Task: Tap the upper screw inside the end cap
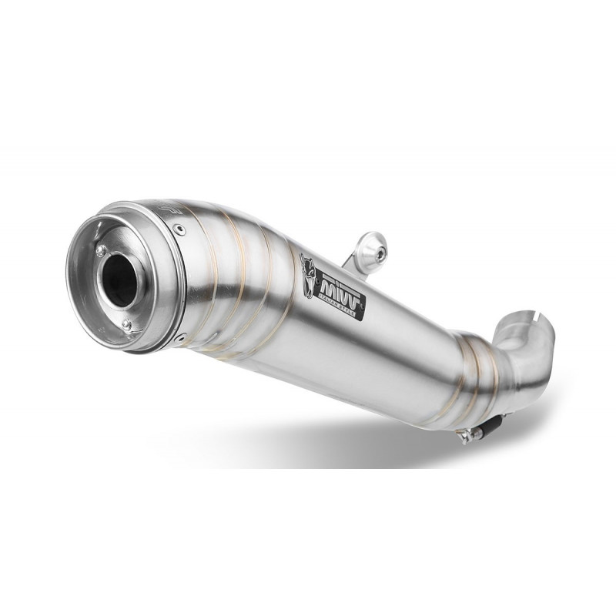click(101, 249)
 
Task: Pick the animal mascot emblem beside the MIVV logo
click(307, 272)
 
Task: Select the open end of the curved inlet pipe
click(539, 331)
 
